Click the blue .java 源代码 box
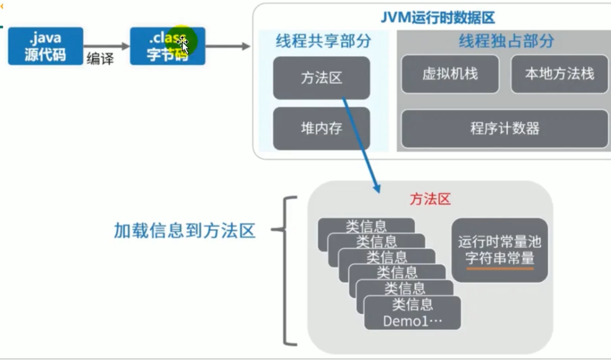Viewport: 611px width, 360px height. (x=45, y=46)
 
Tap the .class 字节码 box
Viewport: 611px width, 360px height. (x=167, y=46)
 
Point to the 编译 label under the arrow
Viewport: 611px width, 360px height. (x=100, y=59)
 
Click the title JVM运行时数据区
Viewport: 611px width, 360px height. (x=438, y=18)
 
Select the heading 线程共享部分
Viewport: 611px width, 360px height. (x=323, y=41)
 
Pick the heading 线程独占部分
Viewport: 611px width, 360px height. (x=506, y=41)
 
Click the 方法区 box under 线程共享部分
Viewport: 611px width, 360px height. (x=321, y=78)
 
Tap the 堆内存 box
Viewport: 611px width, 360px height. (x=321, y=128)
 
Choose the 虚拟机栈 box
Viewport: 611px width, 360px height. (x=450, y=74)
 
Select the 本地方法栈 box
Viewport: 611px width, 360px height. (x=559, y=74)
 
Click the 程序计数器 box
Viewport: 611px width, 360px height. (x=504, y=128)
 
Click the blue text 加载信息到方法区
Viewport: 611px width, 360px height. (x=184, y=231)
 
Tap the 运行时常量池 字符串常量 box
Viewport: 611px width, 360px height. (x=500, y=250)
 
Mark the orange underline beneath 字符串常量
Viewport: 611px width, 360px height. (x=500, y=269)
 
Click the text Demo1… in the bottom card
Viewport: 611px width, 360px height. (x=412, y=321)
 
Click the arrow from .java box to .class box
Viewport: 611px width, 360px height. (x=106, y=46)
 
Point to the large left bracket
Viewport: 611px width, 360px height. (x=287, y=271)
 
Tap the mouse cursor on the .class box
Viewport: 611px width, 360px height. (x=184, y=45)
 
